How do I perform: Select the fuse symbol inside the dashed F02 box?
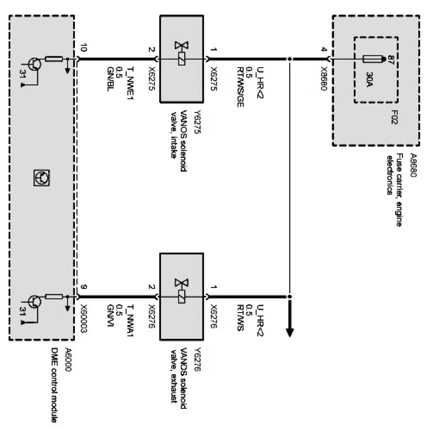point(373,60)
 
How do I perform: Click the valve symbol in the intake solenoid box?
point(182,53)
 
